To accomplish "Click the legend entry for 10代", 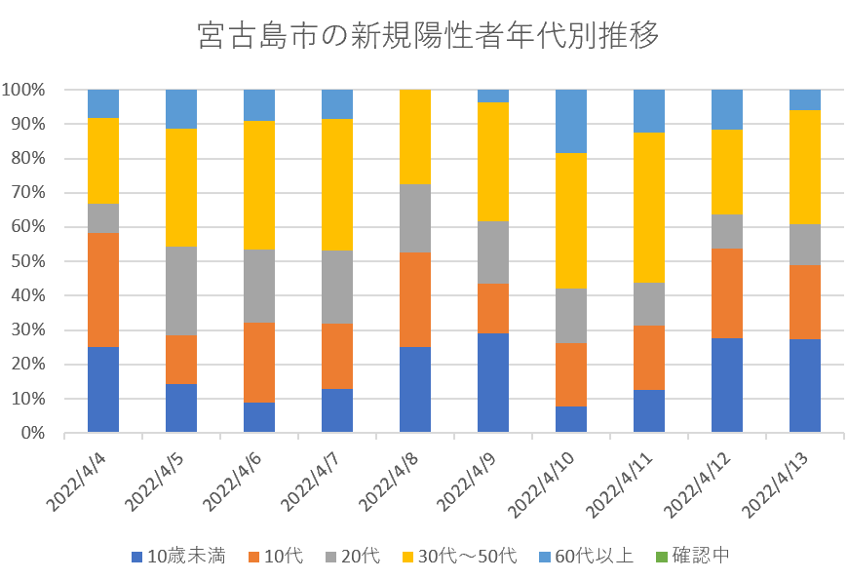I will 276,558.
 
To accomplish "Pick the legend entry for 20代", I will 354,558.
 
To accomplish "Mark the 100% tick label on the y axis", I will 22,90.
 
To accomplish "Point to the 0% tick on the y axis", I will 31,433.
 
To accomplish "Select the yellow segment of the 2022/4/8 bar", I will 415,136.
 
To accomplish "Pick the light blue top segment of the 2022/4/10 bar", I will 571,121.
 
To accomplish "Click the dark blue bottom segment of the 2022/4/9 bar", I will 493,382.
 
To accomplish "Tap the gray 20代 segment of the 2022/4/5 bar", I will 181,290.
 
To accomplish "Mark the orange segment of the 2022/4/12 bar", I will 727,293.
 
